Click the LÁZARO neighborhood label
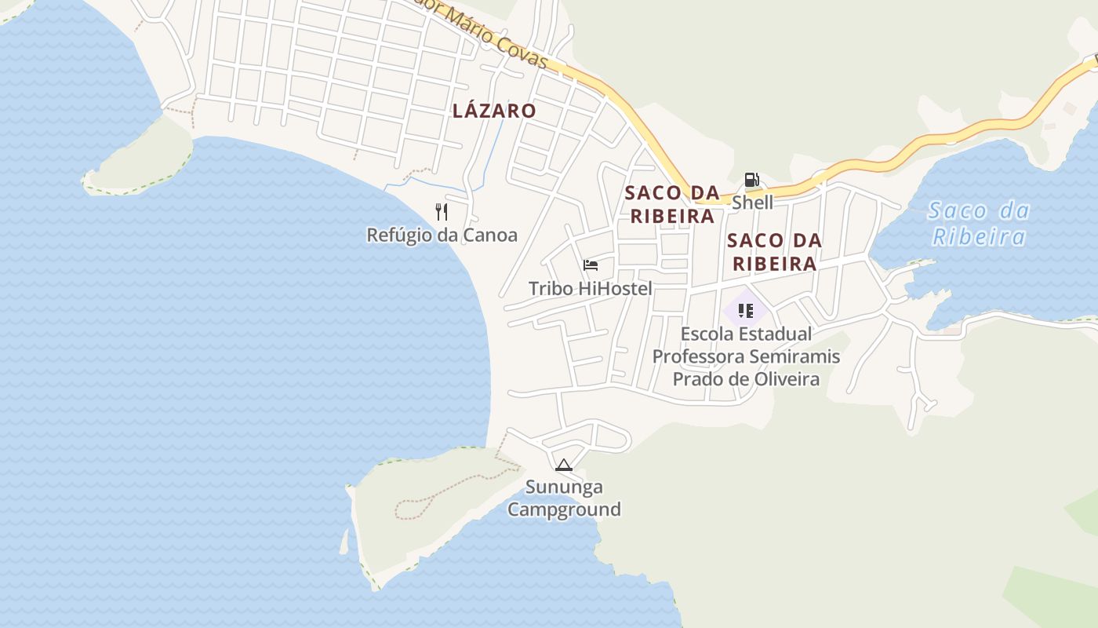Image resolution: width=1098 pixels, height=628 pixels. (494, 111)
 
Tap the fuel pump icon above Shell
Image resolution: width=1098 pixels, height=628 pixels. (751, 180)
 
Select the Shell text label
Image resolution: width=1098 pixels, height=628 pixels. (752, 203)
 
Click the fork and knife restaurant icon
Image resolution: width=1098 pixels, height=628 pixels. (442, 211)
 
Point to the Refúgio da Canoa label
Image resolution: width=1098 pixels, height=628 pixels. (442, 235)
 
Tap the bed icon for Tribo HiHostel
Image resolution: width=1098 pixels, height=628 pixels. (591, 265)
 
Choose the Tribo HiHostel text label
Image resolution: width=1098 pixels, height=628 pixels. (590, 288)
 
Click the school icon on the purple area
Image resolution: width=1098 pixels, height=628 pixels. (745, 310)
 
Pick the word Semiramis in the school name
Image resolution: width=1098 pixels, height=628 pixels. (794, 356)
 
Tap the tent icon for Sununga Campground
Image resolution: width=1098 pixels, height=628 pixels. (563, 465)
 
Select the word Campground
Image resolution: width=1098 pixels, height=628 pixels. (564, 509)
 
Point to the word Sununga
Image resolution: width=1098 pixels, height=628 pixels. (564, 487)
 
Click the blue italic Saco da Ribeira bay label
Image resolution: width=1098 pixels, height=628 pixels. (978, 224)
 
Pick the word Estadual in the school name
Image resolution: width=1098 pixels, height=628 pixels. (774, 334)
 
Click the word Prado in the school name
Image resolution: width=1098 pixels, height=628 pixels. (696, 379)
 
